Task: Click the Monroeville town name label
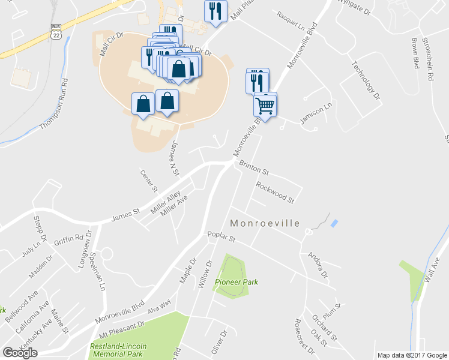click(x=265, y=223)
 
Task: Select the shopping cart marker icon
click(x=265, y=106)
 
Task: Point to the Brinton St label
click(x=254, y=168)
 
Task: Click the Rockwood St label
click(x=274, y=192)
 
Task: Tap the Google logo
click(x=20, y=353)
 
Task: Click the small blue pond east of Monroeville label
click(x=334, y=223)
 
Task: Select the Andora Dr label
click(x=318, y=267)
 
